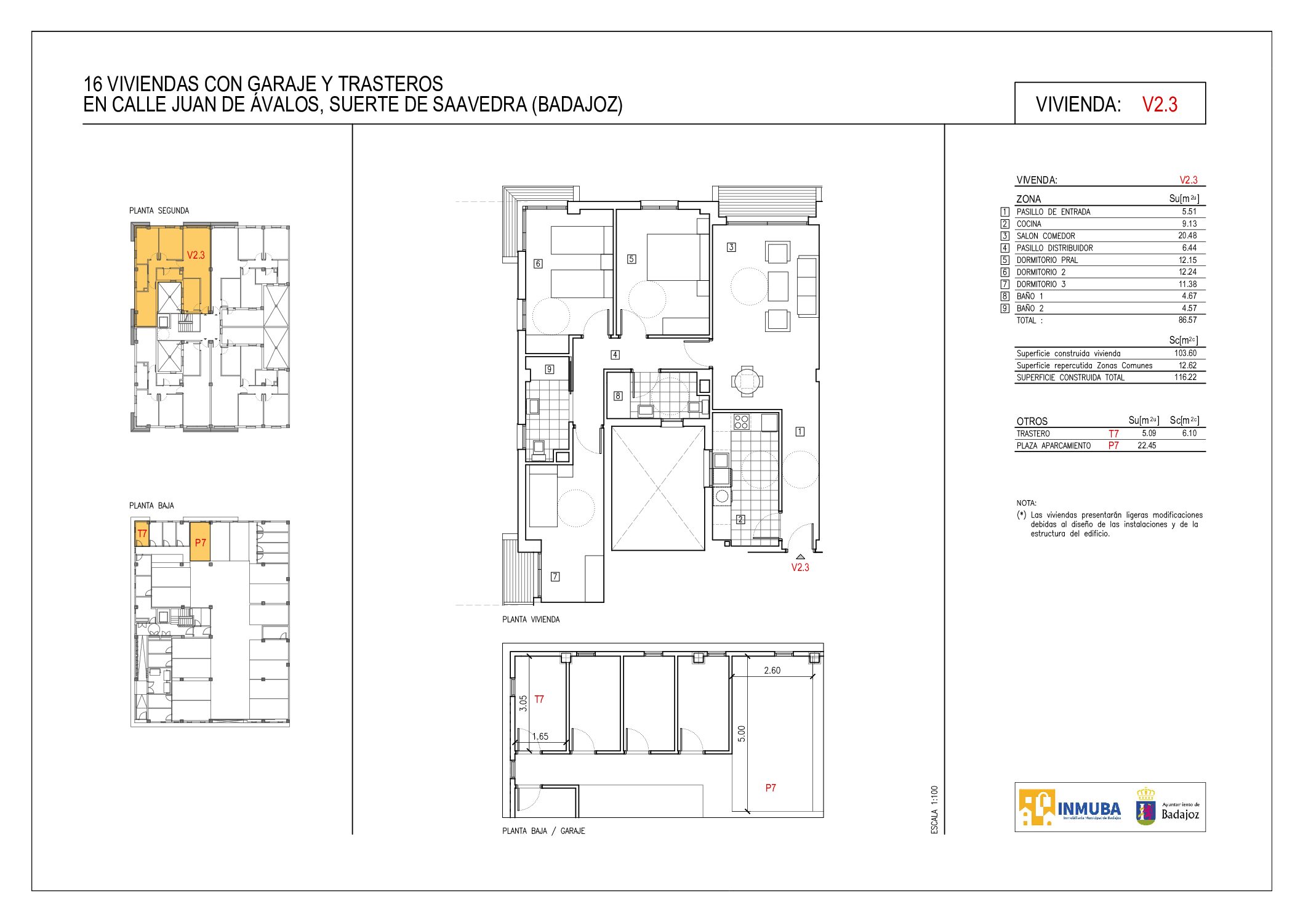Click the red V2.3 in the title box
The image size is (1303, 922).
coord(1160,104)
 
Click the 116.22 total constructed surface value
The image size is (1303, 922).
coord(1185,377)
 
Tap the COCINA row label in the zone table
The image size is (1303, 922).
coord(1029,224)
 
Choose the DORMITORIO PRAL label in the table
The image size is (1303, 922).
coord(1048,260)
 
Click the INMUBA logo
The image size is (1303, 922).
coord(1070,807)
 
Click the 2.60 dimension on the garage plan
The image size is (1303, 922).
coord(772,670)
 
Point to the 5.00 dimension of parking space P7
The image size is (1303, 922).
coord(742,734)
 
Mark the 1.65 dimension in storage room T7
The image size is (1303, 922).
coord(540,736)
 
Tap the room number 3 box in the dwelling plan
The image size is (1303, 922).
coord(731,247)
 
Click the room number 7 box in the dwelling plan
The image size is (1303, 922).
coord(555,576)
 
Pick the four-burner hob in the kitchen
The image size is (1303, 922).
coord(741,422)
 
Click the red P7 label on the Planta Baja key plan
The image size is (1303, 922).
coord(201,543)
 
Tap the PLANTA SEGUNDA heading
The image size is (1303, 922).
coord(159,211)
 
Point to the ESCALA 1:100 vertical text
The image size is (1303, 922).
coord(934,810)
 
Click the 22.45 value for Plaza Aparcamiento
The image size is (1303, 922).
coord(1147,445)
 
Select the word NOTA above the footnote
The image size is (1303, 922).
coord(1027,503)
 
